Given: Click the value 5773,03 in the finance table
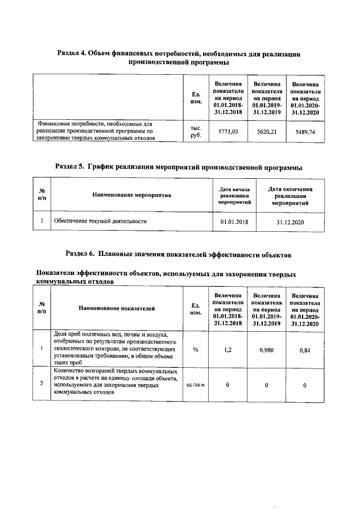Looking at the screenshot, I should click(x=228, y=130).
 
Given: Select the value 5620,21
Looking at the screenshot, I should click(x=267, y=130).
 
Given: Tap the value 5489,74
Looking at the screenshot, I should click(x=305, y=131).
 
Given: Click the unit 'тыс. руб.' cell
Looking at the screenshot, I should click(x=196, y=131).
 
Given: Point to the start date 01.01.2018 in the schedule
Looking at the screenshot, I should click(x=235, y=222).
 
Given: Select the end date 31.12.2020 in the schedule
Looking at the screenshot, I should click(x=290, y=222).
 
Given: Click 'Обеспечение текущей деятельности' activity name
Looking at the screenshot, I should click(x=100, y=222).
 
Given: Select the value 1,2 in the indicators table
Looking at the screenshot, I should click(x=228, y=349).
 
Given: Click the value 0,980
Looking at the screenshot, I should click(x=267, y=349).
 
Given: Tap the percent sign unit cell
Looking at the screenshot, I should click(x=196, y=349).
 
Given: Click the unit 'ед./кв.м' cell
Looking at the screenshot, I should click(x=196, y=385).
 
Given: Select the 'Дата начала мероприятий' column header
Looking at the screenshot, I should click(x=234, y=195).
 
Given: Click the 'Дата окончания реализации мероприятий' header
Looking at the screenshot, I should click(x=290, y=195).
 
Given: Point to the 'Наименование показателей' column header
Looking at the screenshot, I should click(x=116, y=308).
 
